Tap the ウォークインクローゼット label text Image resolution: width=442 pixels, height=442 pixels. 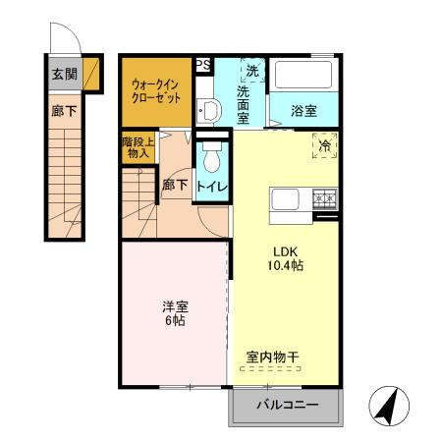pyautogui.click(x=156, y=92)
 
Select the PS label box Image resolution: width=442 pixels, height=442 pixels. pyautogui.click(x=203, y=64)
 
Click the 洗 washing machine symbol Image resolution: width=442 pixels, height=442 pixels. pyautogui.click(x=252, y=71)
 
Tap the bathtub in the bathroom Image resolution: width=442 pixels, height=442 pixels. pyautogui.click(x=303, y=76)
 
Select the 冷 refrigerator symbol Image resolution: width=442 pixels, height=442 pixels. pyautogui.click(x=325, y=145)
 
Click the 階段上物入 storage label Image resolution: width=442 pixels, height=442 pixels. pyautogui.click(x=136, y=147)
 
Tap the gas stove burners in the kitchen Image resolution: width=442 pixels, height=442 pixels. pyautogui.click(x=324, y=199)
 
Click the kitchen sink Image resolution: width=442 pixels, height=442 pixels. pyautogui.click(x=288, y=199)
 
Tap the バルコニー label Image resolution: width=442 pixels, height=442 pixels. pyautogui.click(x=287, y=405)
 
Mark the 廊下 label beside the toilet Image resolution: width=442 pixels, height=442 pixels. pyautogui.click(x=175, y=185)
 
